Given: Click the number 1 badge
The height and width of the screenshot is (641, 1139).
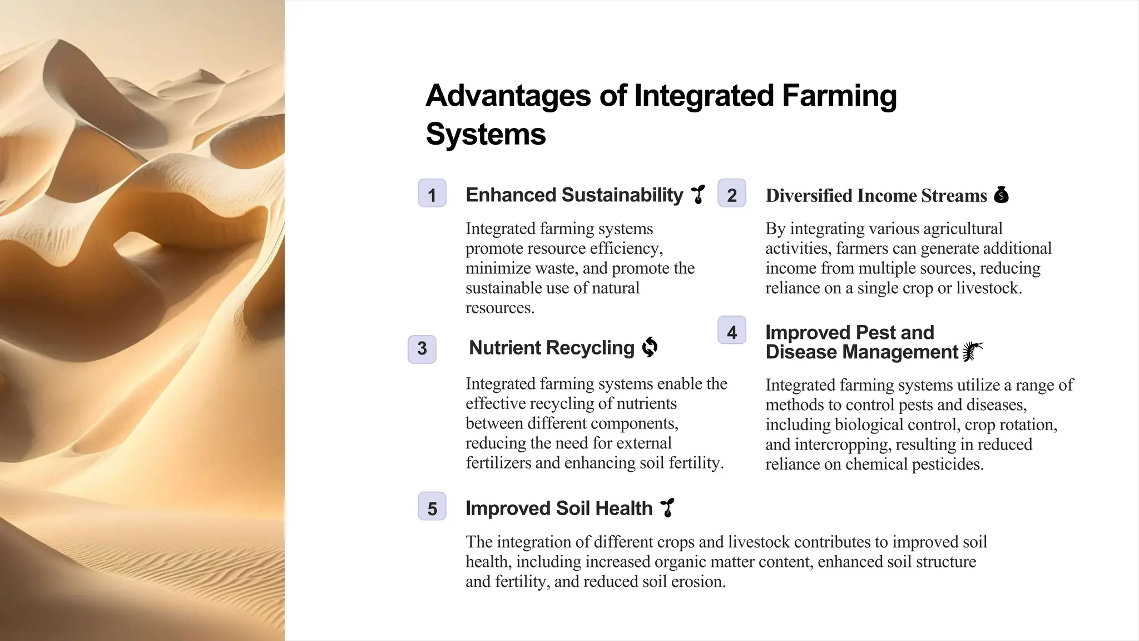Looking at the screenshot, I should pos(432,193).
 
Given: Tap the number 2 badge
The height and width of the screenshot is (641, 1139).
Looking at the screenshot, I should pos(731,193).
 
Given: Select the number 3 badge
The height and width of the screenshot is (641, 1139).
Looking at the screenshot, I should pos(422,349).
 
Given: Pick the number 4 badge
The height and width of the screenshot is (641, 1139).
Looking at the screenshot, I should pos(731,331).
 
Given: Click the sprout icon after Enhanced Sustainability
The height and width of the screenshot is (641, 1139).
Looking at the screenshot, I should pos(698,194).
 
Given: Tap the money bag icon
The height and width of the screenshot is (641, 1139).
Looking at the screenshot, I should pos(1001,194).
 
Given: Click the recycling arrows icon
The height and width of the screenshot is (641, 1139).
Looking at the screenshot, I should pos(650,347).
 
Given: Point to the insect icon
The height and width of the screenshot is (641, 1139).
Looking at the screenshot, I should pos(973,351).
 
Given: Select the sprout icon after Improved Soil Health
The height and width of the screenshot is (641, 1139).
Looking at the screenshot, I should pos(667,507).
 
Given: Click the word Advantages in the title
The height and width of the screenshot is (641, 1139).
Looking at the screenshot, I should pos(507,96).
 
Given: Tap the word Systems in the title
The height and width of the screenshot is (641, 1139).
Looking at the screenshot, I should pos(486,134).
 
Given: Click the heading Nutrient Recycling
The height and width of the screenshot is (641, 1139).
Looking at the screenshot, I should pos(551,348).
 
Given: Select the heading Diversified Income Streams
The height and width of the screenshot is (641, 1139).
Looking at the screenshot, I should pos(876,195).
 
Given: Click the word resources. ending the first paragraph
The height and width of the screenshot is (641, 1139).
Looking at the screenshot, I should pos(499,308).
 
